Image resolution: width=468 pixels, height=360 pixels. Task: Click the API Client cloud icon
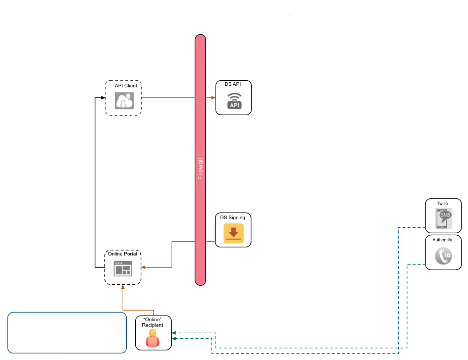tap(123, 101)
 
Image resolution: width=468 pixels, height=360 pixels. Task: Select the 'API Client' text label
tap(126, 86)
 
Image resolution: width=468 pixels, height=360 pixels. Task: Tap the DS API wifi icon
tap(234, 101)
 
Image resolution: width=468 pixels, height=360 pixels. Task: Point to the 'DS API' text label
tap(233, 84)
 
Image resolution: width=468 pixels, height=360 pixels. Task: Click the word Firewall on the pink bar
tap(200, 169)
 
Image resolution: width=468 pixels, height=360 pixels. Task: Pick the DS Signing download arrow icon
tap(233, 233)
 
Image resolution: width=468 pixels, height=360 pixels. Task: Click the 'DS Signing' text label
tap(233, 218)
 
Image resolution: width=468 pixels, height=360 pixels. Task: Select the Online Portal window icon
tap(123, 270)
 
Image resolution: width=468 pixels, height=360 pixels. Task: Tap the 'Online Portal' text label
tap(123, 254)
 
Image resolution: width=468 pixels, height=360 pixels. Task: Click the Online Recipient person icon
tap(153, 339)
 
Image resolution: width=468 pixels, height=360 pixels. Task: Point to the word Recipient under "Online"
tap(152, 325)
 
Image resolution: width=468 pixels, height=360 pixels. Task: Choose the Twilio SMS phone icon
tap(443, 219)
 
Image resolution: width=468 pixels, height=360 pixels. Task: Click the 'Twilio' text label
tap(442, 203)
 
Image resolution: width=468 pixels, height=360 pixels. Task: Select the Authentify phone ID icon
tap(443, 256)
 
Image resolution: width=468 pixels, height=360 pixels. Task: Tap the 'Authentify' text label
tap(442, 240)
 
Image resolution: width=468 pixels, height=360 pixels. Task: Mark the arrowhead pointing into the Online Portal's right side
tap(143, 267)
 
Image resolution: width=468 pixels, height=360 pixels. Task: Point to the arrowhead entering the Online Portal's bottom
tap(123, 287)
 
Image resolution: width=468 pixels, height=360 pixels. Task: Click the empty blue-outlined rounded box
tap(67, 332)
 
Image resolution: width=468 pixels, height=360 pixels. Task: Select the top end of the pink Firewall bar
tap(200, 38)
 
